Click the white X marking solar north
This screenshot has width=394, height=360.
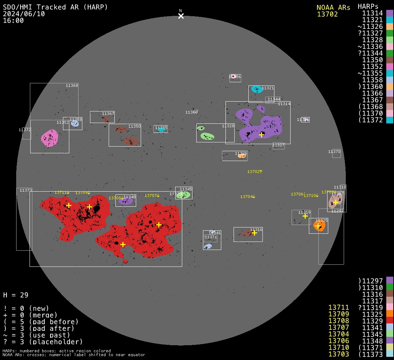click(181, 16)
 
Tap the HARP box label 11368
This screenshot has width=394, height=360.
click(72, 85)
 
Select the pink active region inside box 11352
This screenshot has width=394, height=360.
click(50, 138)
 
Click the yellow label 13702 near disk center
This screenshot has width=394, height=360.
click(255, 172)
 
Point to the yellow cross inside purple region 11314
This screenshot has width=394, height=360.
click(261, 135)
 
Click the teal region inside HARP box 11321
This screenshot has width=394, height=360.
click(257, 89)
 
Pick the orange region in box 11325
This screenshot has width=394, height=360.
click(319, 225)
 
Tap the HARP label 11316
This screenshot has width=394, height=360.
click(256, 230)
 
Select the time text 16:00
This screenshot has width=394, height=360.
click(13, 20)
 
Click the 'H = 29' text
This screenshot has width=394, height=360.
click(15, 295)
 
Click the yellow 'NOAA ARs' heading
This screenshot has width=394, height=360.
click(333, 7)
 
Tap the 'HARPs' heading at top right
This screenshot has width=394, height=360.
click(368, 6)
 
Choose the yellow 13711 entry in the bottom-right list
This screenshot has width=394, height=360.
click(338, 308)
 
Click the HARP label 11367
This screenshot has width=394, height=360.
click(108, 114)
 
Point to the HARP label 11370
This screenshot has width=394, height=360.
click(334, 152)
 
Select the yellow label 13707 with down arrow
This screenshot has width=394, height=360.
click(152, 195)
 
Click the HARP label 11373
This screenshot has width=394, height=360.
click(26, 190)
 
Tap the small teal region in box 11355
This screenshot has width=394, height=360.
click(161, 130)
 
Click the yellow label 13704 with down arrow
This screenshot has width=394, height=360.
click(248, 197)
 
